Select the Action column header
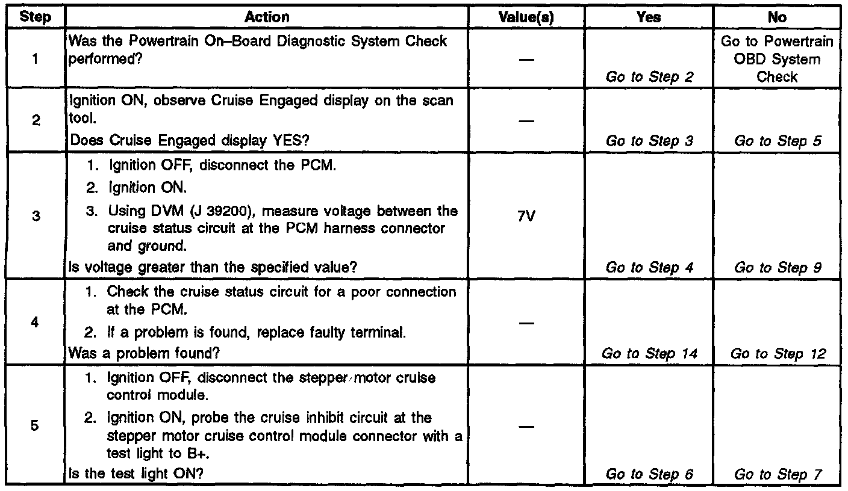(x=266, y=17)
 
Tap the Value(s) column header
(x=526, y=17)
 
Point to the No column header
(x=777, y=17)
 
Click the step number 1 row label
(x=36, y=59)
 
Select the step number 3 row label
(x=36, y=216)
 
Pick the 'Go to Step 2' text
(x=649, y=76)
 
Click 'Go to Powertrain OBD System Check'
(x=777, y=59)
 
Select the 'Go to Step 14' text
(x=649, y=354)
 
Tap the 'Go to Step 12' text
(x=777, y=354)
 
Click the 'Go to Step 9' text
(x=777, y=268)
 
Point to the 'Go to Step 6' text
(x=649, y=474)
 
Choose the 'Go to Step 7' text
(x=777, y=474)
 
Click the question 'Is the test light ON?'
(x=136, y=474)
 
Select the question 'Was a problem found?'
(x=145, y=354)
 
